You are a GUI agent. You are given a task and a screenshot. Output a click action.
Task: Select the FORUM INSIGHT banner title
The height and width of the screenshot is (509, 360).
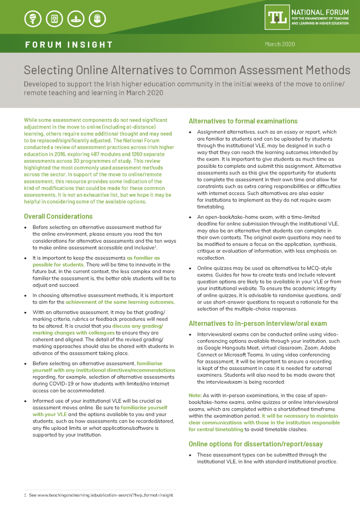point(69,44)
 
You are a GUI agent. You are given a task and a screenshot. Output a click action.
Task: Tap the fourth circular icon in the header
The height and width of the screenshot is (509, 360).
point(99,19)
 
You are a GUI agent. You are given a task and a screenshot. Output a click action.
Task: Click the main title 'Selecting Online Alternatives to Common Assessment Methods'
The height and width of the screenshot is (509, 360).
point(187,70)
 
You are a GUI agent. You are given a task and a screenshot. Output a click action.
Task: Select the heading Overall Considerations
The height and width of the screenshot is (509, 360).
point(58,216)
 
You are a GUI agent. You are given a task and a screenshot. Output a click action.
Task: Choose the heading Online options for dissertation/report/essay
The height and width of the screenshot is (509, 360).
point(255,444)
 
